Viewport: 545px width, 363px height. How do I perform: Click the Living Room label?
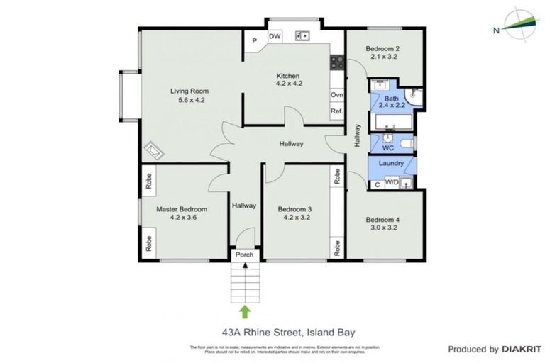tap(189, 91)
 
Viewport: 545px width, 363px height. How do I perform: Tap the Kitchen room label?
tap(288, 77)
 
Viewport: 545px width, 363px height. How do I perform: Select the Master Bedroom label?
tap(182, 209)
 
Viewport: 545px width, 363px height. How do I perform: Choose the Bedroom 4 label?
tap(384, 220)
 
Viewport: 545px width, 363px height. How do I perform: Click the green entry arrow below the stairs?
tap(245, 311)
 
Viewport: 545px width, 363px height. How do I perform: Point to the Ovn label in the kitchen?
tap(336, 95)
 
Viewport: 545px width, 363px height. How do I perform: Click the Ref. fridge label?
tap(336, 111)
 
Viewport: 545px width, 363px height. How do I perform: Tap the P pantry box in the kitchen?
tap(254, 41)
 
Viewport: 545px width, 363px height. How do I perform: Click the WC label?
tap(387, 148)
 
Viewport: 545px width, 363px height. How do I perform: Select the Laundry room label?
tap(392, 164)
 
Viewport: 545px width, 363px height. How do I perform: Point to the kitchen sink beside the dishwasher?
tap(302, 35)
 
